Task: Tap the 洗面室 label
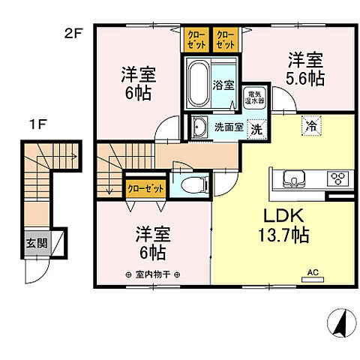click(x=228, y=127)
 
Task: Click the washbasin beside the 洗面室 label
click(x=199, y=127)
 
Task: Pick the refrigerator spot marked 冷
click(x=309, y=127)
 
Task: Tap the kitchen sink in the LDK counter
click(x=292, y=178)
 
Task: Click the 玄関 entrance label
click(x=36, y=243)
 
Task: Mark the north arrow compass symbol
click(x=339, y=323)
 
